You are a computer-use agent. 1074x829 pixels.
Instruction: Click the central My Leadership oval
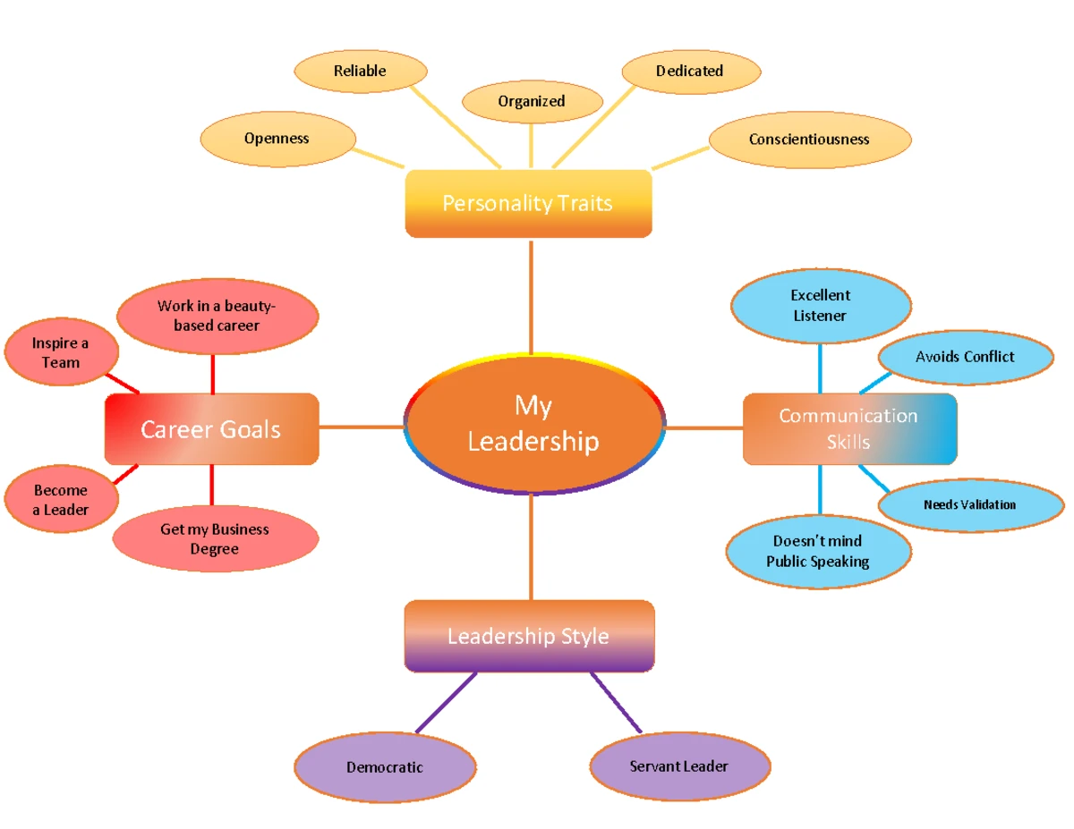coord(533,425)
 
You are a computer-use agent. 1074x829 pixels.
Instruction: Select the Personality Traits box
coord(528,203)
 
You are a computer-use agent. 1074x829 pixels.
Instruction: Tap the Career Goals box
coord(211,429)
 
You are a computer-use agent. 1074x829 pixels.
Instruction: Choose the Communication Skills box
coord(848,428)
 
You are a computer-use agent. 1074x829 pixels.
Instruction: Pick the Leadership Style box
coord(528,636)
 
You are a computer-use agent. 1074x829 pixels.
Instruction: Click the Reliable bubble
coord(360,71)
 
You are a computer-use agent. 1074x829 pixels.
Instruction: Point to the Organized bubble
coord(532,101)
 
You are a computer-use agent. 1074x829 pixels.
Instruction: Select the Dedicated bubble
coord(689,71)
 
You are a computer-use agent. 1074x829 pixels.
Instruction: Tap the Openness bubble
coord(277,139)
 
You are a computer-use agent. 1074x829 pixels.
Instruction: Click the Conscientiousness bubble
coord(809,139)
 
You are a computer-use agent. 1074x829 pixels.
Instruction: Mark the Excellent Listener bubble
coord(820,305)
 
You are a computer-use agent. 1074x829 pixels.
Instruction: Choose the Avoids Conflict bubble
coord(965,357)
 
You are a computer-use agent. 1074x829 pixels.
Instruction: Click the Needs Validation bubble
coord(970,504)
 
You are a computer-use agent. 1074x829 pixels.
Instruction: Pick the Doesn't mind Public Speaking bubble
coord(817,552)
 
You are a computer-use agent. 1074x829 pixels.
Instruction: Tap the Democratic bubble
coord(385,767)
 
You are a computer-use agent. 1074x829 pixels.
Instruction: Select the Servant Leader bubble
coord(679,766)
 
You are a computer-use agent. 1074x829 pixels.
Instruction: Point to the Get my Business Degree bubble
coord(215,539)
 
